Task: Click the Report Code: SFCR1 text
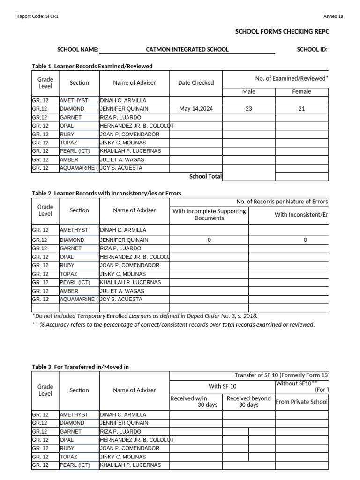pyautogui.click(x=37, y=16)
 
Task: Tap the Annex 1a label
pyautogui.click(x=333, y=16)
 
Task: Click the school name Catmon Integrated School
pyautogui.click(x=187, y=49)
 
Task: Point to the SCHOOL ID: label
pyautogui.click(x=312, y=49)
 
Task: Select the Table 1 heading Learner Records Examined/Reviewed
pyautogui.click(x=92, y=66)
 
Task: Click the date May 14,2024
pyautogui.click(x=196, y=109)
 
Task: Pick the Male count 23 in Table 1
pyautogui.click(x=248, y=109)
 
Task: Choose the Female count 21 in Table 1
pyautogui.click(x=301, y=109)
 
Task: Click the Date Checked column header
pyautogui.click(x=196, y=83)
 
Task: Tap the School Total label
pyautogui.click(x=205, y=177)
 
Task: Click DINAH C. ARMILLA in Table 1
pyautogui.click(x=123, y=100)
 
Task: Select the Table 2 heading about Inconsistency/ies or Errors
pyautogui.click(x=106, y=193)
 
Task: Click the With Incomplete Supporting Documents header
pyautogui.click(x=209, y=215)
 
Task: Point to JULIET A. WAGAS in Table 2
pyautogui.click(x=122, y=291)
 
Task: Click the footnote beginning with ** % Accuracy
pyautogui.click(x=173, y=325)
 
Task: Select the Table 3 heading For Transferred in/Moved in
pyautogui.click(x=80, y=367)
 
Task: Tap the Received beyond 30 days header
pyautogui.click(x=248, y=402)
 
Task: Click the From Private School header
pyautogui.click(x=301, y=402)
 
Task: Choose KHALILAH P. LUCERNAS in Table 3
pyautogui.click(x=130, y=465)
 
